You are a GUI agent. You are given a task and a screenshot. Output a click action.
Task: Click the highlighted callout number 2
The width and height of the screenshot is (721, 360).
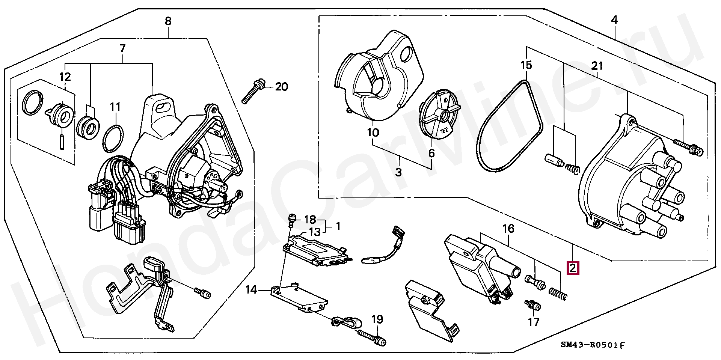click(x=573, y=268)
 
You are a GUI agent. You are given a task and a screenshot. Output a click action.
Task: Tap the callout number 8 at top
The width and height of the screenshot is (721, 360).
click(x=168, y=21)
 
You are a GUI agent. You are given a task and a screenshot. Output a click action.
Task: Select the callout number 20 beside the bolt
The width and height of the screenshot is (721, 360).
click(x=282, y=87)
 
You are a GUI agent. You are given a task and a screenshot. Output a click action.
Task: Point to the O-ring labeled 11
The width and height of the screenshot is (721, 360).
click(x=113, y=139)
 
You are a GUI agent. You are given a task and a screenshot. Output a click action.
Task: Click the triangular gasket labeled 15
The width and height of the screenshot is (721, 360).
click(x=510, y=126)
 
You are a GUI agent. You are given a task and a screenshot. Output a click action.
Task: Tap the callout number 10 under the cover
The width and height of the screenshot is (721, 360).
click(x=373, y=133)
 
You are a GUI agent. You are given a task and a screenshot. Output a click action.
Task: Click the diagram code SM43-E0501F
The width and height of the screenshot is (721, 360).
click(x=593, y=345)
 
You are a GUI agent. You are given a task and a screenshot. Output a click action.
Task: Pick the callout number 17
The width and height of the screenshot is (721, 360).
click(x=533, y=322)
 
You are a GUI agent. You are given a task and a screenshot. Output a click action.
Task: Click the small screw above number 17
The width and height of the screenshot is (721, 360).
click(x=533, y=305)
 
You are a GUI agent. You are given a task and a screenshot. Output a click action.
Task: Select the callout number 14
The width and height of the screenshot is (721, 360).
click(x=251, y=289)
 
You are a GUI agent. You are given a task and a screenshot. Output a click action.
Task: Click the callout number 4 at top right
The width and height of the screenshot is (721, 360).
click(x=614, y=20)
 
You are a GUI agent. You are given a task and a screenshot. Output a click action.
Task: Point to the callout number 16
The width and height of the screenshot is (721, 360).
click(x=508, y=229)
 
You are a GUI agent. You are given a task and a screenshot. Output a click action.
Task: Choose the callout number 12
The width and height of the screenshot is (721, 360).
click(x=65, y=77)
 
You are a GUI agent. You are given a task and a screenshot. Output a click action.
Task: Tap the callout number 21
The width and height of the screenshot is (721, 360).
click(x=597, y=66)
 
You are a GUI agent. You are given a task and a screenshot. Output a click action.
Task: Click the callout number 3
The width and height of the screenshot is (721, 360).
click(x=398, y=172)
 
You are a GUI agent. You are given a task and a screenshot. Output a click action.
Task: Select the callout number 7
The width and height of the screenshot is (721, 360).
click(x=122, y=48)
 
